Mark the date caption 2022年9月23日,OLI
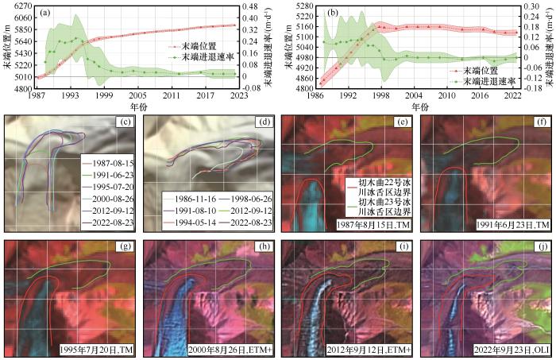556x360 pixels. [x=501, y=350]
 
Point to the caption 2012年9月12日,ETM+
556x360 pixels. [x=365, y=350]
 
